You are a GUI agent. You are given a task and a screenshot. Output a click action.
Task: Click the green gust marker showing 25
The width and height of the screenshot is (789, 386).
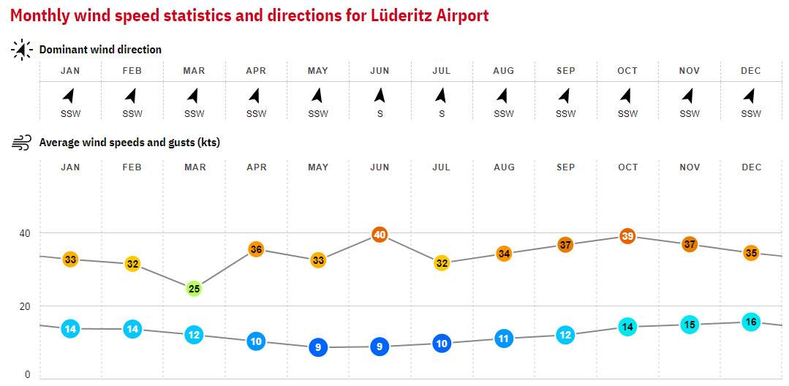tap(194, 289)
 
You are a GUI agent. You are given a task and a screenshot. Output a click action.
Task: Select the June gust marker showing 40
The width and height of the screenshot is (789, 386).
tap(380, 235)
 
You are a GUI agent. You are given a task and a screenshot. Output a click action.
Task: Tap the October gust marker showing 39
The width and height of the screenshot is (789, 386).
tap(627, 236)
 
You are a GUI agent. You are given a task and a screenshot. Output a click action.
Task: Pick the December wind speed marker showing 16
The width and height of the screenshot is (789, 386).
tap(751, 322)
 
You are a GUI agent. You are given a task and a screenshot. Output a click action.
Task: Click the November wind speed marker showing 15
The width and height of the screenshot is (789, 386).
tap(690, 325)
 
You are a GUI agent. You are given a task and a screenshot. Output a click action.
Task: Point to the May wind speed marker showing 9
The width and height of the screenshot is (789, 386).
tap(317, 347)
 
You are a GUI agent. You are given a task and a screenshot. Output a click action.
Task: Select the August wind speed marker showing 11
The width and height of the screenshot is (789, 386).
tap(503, 338)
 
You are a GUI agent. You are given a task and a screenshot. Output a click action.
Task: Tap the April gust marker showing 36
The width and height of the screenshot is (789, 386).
tap(256, 249)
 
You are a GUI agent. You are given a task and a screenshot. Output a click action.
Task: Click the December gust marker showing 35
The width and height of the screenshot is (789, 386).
tap(751, 253)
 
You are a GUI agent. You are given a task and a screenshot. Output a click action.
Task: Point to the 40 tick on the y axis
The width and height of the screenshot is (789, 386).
tap(25, 233)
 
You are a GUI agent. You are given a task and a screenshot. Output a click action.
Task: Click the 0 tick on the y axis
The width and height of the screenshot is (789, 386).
tap(28, 374)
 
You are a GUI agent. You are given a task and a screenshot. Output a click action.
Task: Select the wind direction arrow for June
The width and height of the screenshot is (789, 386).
tap(380, 95)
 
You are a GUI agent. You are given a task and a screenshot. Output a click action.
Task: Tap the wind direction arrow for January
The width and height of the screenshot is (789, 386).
tap(69, 95)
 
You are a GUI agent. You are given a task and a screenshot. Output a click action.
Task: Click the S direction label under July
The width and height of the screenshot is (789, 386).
tap(441, 113)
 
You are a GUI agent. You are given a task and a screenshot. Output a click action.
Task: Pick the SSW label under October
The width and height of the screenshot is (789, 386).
tap(627, 113)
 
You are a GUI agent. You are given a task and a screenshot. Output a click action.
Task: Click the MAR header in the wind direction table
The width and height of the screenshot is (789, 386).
tap(194, 71)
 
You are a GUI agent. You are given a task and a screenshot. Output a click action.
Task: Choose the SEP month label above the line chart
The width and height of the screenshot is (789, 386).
tap(565, 167)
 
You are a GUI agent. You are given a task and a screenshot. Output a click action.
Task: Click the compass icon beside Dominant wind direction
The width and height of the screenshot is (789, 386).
tap(21, 50)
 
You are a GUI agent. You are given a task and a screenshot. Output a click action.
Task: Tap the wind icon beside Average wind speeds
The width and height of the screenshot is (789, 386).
tap(21, 143)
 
